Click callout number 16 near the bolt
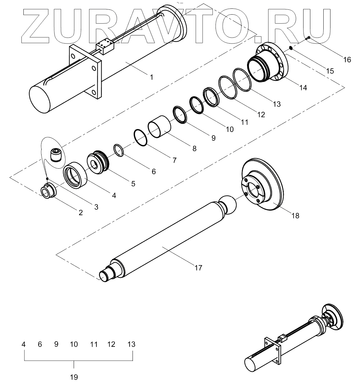click(x=347, y=59)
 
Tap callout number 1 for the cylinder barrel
click(x=152, y=77)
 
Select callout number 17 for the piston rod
click(x=198, y=268)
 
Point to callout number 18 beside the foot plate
click(x=295, y=215)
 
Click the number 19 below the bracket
click(x=74, y=377)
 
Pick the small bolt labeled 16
click(x=308, y=38)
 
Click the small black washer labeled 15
click(x=291, y=48)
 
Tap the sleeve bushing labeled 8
click(x=159, y=127)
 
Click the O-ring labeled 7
click(x=141, y=138)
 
